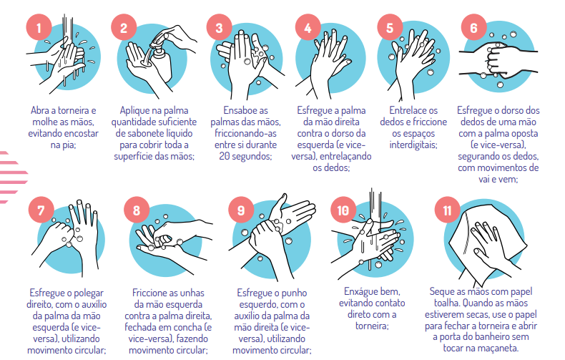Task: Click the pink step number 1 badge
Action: tap(39, 27)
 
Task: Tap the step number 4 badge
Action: tap(308, 27)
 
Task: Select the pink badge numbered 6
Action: tap(474, 27)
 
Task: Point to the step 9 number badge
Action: tap(241, 210)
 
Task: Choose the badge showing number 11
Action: tap(447, 210)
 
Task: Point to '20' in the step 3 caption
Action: tap(224, 156)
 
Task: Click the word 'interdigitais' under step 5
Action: tap(413, 145)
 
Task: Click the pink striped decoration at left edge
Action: tap(13, 177)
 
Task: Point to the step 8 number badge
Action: tap(137, 210)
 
